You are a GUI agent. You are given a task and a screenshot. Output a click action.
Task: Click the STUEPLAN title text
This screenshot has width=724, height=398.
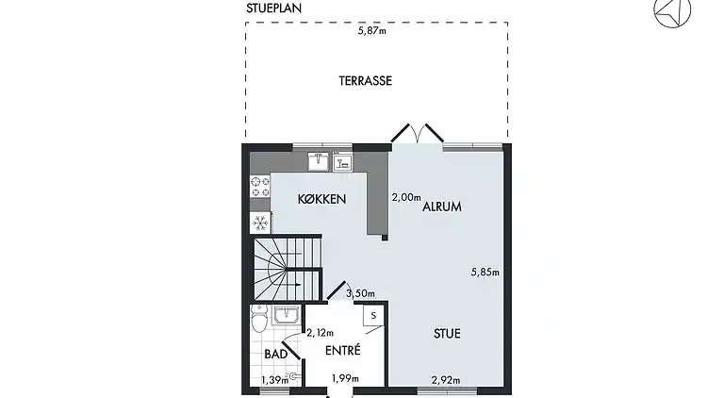(273, 8)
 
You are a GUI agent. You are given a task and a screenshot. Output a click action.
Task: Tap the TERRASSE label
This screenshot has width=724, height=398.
(365, 81)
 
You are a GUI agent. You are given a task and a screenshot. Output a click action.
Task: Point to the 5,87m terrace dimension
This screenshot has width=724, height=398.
(372, 31)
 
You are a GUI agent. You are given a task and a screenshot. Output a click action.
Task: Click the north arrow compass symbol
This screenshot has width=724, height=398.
(672, 10)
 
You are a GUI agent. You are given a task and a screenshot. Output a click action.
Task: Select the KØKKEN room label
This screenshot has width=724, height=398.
(321, 199)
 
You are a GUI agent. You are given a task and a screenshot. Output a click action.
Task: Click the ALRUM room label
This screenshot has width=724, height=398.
(442, 207)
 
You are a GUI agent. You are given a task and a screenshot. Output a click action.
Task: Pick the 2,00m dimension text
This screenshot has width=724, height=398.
(406, 197)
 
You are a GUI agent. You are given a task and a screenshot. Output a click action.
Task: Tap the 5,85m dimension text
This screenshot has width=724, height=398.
(485, 272)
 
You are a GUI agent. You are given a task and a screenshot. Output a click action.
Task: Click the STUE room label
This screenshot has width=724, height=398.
(447, 333)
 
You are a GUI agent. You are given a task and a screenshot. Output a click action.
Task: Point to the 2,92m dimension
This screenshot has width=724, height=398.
(446, 380)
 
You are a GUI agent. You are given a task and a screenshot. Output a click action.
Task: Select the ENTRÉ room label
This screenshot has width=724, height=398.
(342, 351)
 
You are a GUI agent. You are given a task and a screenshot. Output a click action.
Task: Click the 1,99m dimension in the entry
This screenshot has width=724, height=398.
(345, 378)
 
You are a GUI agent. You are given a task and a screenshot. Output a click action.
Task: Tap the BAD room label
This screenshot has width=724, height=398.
(275, 354)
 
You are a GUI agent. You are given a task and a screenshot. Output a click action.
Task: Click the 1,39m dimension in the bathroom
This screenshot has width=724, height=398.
(275, 380)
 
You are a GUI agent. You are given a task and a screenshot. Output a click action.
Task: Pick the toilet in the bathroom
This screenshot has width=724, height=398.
(259, 319)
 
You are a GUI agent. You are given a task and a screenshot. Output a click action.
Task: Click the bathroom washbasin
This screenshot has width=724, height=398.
(287, 315)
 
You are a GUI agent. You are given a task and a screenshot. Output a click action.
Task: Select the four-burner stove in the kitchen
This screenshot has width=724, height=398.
(260, 187)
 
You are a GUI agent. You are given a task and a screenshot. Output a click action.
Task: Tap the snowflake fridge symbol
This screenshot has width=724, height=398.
(260, 224)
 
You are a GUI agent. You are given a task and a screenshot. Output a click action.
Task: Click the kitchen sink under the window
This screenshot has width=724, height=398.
(318, 161)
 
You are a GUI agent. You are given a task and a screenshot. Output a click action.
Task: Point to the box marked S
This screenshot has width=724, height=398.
(373, 316)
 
